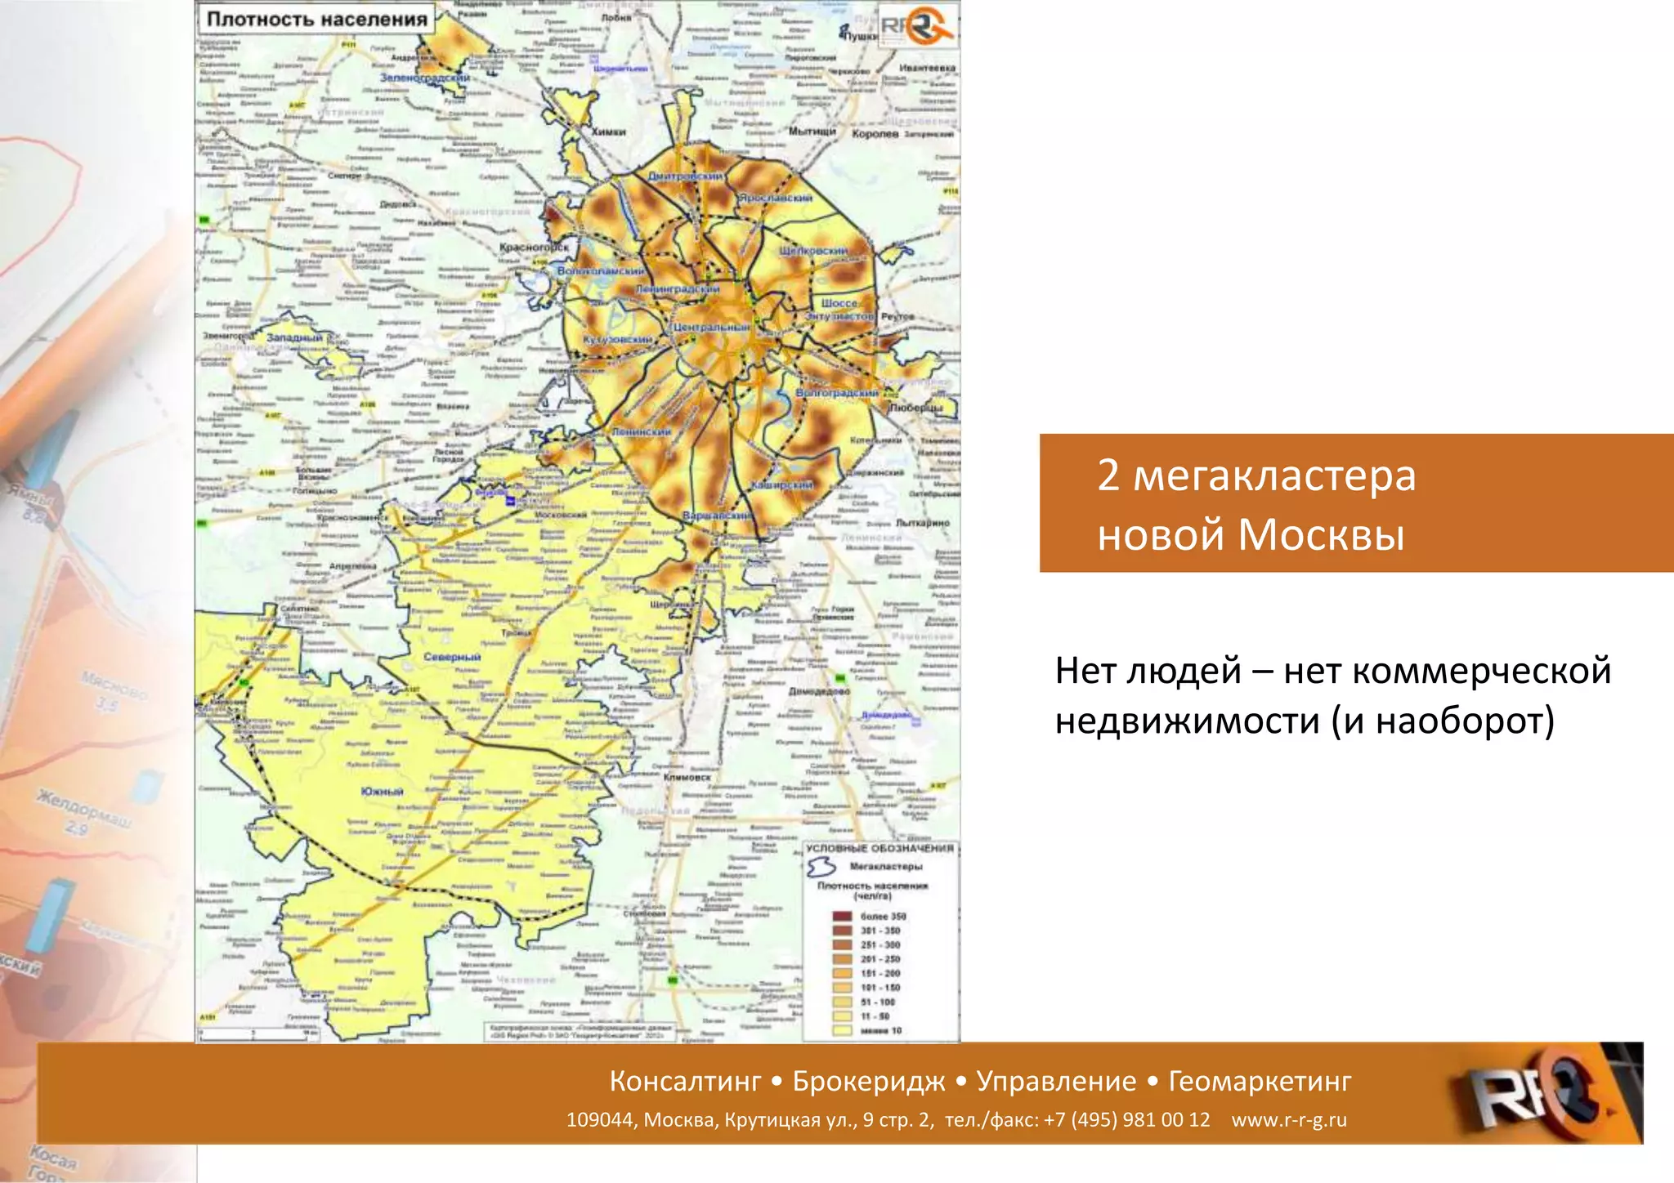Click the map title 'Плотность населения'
tap(317, 19)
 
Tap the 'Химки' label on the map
tap(608, 132)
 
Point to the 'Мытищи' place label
tap(812, 132)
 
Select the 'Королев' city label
tap(875, 133)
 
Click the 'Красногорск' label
tap(534, 247)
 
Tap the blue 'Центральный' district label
tap(710, 327)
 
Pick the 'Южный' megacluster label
tap(382, 792)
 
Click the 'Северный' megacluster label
tap(452, 657)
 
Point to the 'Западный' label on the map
tap(294, 337)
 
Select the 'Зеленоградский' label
tap(424, 78)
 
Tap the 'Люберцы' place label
tap(915, 407)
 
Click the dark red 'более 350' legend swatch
tap(842, 917)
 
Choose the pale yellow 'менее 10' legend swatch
tap(842, 1031)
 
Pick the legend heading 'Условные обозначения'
tap(880, 849)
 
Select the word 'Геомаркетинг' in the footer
tap(1260, 1081)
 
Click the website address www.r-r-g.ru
tap(1289, 1120)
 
